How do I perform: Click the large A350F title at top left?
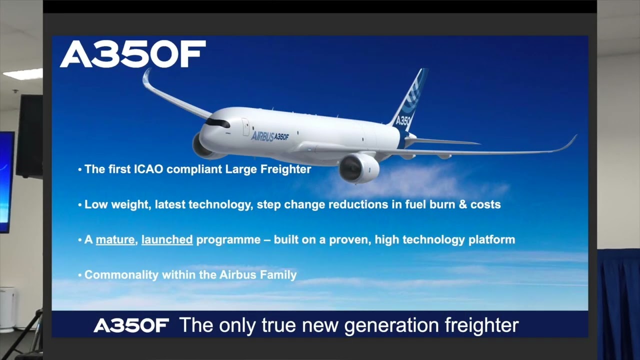point(132,54)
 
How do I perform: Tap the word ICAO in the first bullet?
point(147,169)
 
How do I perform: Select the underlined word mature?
point(115,240)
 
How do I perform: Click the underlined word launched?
point(167,240)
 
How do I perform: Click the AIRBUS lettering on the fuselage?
point(262,136)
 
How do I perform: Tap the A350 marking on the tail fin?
point(403,121)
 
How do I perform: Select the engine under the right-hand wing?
point(359,168)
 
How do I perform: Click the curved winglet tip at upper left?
point(146,79)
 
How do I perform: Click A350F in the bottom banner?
point(131,326)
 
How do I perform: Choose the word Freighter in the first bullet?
point(285,169)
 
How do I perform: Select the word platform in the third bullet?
point(491,240)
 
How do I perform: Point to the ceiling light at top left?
point(23,74)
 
